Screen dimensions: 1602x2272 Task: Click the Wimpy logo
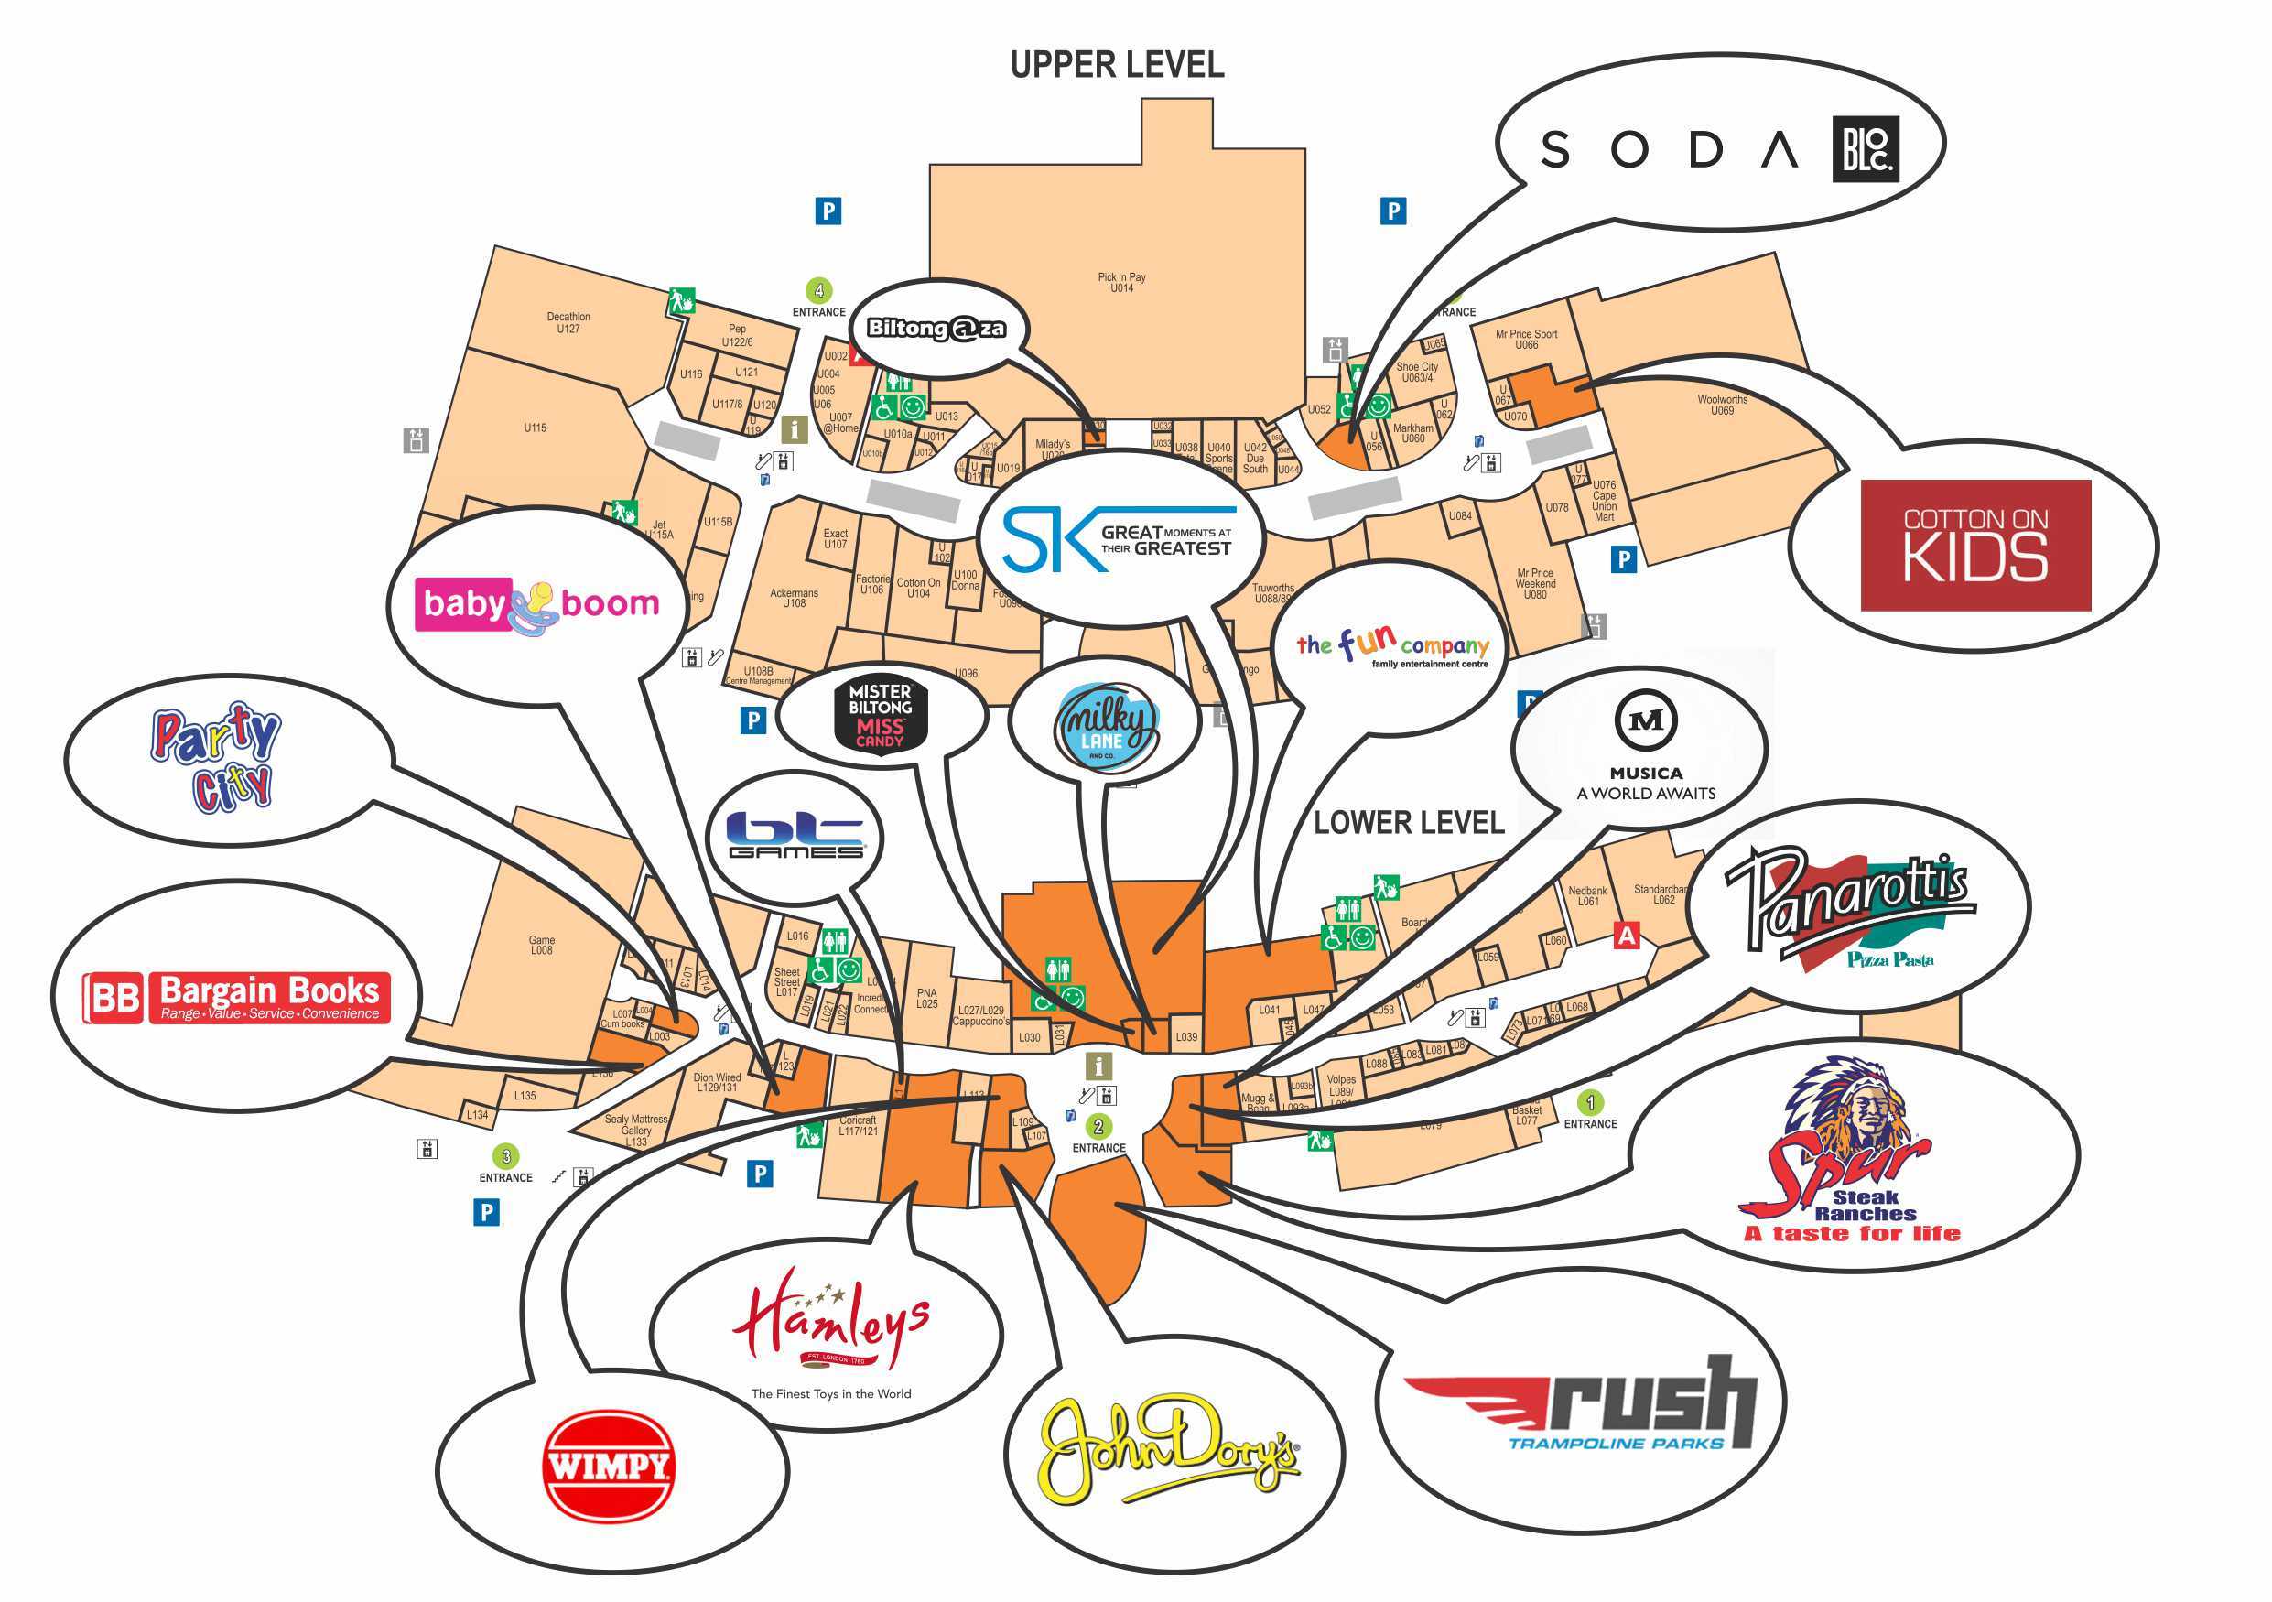610,1466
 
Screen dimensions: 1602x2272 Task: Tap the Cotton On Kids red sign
1975,545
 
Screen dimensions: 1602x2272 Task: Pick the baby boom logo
540,604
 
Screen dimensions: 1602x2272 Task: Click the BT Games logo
795,836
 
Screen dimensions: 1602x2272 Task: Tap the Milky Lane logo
1104,726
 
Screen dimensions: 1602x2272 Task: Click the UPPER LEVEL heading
1116,65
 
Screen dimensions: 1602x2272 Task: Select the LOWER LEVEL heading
1408,822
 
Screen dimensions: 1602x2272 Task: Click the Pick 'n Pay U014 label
1121,283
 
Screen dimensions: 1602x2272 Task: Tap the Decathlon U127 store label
568,322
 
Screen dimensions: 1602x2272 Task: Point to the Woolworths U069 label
1722,405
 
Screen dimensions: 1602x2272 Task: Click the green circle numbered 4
818,291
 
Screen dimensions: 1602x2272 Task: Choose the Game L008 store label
541,945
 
